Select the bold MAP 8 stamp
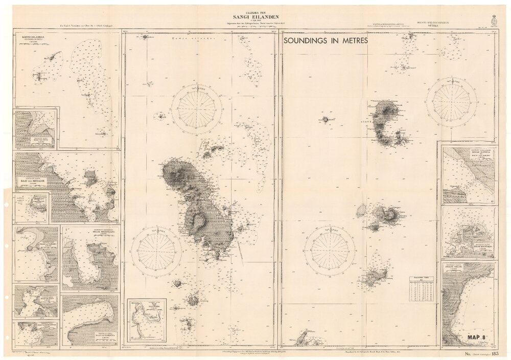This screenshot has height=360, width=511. tap(478, 337)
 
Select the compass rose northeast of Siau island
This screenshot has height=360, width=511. tap(451, 102)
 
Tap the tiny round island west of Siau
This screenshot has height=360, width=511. tap(325, 119)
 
